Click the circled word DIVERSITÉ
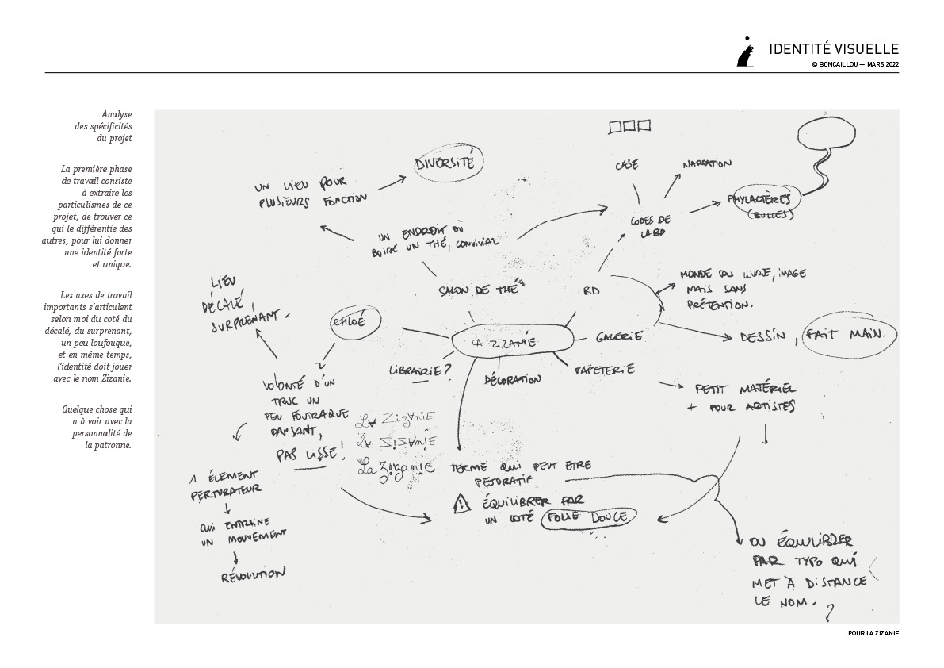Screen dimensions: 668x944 click(445, 164)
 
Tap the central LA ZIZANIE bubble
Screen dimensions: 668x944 click(505, 343)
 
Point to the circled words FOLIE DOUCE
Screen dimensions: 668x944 click(586, 518)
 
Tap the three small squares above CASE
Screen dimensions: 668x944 click(629, 125)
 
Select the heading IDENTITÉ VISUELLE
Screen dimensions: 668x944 click(834, 49)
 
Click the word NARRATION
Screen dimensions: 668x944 click(706, 164)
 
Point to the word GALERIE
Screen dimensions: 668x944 click(619, 337)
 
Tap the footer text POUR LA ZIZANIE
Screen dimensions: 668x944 click(873, 633)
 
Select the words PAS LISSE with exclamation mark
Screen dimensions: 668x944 click(310, 455)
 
